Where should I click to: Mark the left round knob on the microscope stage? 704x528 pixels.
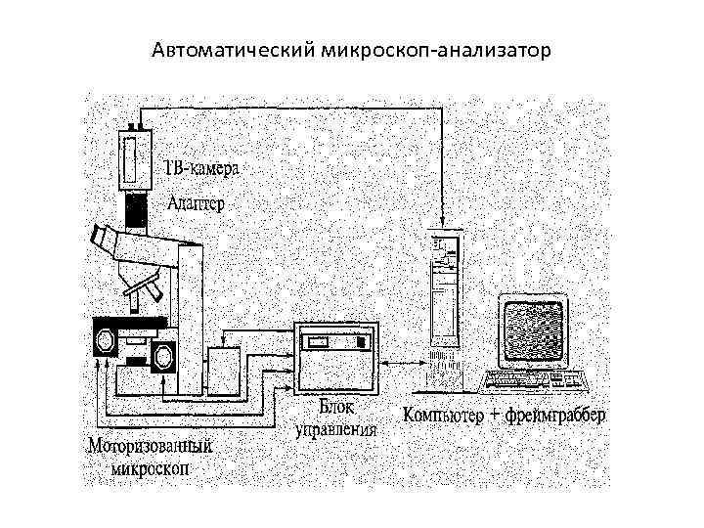point(104,339)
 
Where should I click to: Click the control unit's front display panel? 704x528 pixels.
point(335,342)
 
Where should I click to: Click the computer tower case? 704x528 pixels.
point(444,293)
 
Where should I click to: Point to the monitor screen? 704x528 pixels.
point(534,330)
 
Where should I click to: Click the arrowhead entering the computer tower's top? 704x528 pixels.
point(442,220)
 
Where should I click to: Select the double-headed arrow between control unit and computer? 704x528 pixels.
point(405,364)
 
